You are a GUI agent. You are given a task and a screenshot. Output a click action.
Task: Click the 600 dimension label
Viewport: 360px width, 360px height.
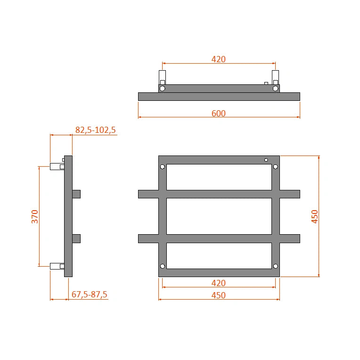click(219, 113)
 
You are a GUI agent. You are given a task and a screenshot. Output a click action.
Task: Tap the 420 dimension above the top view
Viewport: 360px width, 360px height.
click(219, 59)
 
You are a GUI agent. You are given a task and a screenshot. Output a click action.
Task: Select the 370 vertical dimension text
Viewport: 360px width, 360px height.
click(35, 216)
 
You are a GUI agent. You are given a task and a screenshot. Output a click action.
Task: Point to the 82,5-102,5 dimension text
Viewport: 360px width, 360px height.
click(95, 130)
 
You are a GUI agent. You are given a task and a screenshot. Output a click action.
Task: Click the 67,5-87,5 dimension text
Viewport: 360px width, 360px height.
click(90, 295)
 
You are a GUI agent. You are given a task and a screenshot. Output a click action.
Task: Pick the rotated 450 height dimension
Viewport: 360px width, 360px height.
click(315, 216)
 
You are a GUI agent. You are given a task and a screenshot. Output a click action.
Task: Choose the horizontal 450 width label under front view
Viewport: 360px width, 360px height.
click(219, 295)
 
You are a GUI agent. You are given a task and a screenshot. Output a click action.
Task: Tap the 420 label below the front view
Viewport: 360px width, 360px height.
click(219, 283)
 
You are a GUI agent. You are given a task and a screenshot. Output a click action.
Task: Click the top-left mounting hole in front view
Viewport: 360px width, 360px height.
click(163, 167)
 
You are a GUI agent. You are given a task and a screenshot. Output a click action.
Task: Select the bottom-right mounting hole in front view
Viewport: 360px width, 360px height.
click(276, 266)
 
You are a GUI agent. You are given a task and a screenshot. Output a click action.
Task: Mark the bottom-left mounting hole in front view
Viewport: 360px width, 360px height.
click(163, 266)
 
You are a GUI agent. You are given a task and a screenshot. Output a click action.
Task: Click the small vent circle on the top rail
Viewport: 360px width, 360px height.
click(266, 160)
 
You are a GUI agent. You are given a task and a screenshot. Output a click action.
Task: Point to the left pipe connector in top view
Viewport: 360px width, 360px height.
click(163, 78)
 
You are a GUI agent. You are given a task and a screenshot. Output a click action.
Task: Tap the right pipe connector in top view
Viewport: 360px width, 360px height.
click(276, 78)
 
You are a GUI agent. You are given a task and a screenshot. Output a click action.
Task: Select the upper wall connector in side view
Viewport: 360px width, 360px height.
click(57, 166)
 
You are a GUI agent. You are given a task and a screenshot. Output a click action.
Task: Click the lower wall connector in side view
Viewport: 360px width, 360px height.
click(57, 266)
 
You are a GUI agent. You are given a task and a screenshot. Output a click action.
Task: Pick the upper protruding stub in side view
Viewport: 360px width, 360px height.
click(76, 194)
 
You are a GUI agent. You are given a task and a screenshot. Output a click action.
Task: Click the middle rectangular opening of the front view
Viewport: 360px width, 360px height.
click(219, 216)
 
